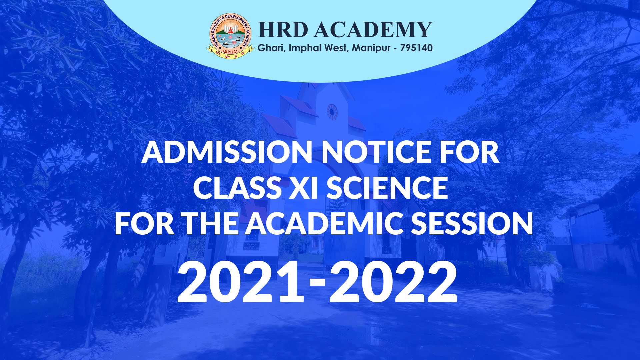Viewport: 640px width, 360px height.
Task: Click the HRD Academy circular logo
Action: [230, 36]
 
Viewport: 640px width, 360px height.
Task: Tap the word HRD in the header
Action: [283, 30]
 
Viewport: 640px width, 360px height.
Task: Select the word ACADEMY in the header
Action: [373, 30]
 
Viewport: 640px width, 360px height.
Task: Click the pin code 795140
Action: [416, 48]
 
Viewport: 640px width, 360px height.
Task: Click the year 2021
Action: [241, 282]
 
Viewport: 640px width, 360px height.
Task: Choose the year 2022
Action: [393, 282]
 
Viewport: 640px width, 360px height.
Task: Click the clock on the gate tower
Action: [332, 112]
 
